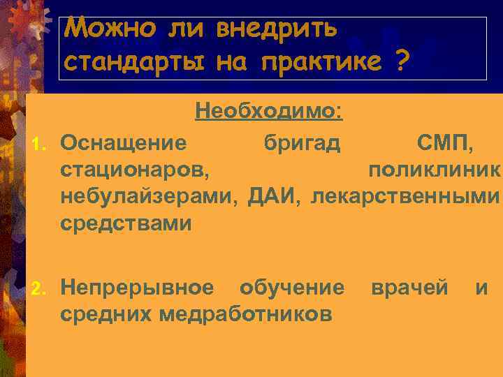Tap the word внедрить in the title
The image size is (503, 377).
pos(277,29)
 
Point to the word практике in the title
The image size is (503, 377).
pos(321,62)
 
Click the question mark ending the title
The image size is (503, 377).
pos(400,62)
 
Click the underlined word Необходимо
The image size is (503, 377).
pos(268,111)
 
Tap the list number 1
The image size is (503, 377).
pos(39,145)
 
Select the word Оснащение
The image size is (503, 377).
pos(124,144)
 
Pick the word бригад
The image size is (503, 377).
pos(302,144)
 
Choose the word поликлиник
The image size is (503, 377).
pos(434,170)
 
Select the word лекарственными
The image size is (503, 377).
pos(405,196)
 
